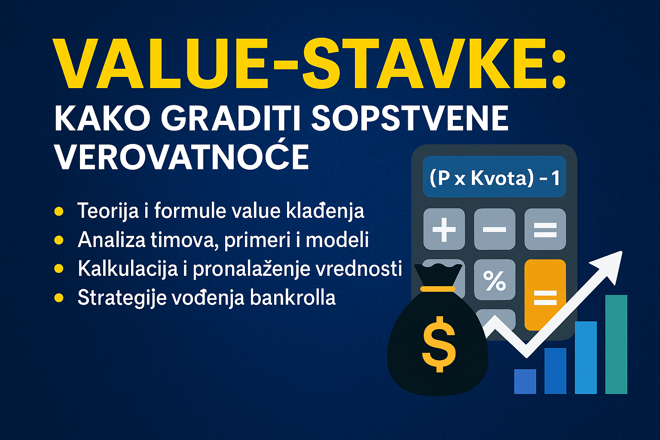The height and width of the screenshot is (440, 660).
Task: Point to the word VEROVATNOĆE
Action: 182,157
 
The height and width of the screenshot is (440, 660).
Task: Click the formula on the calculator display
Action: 495,177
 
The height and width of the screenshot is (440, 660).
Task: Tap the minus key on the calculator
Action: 495,229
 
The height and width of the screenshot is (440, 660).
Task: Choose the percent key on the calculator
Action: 495,280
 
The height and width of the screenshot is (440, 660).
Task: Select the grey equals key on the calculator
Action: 545,229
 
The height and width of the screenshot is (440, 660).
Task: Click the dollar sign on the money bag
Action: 438,344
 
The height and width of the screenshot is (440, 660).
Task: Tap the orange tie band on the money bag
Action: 437,289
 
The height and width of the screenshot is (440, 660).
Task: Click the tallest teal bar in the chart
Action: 616,344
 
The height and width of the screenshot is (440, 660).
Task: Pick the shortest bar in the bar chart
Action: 525,382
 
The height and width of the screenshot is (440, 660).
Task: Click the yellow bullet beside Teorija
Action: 59,211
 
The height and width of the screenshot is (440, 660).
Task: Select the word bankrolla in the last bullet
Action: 293,298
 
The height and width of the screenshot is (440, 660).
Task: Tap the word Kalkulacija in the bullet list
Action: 128,269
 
